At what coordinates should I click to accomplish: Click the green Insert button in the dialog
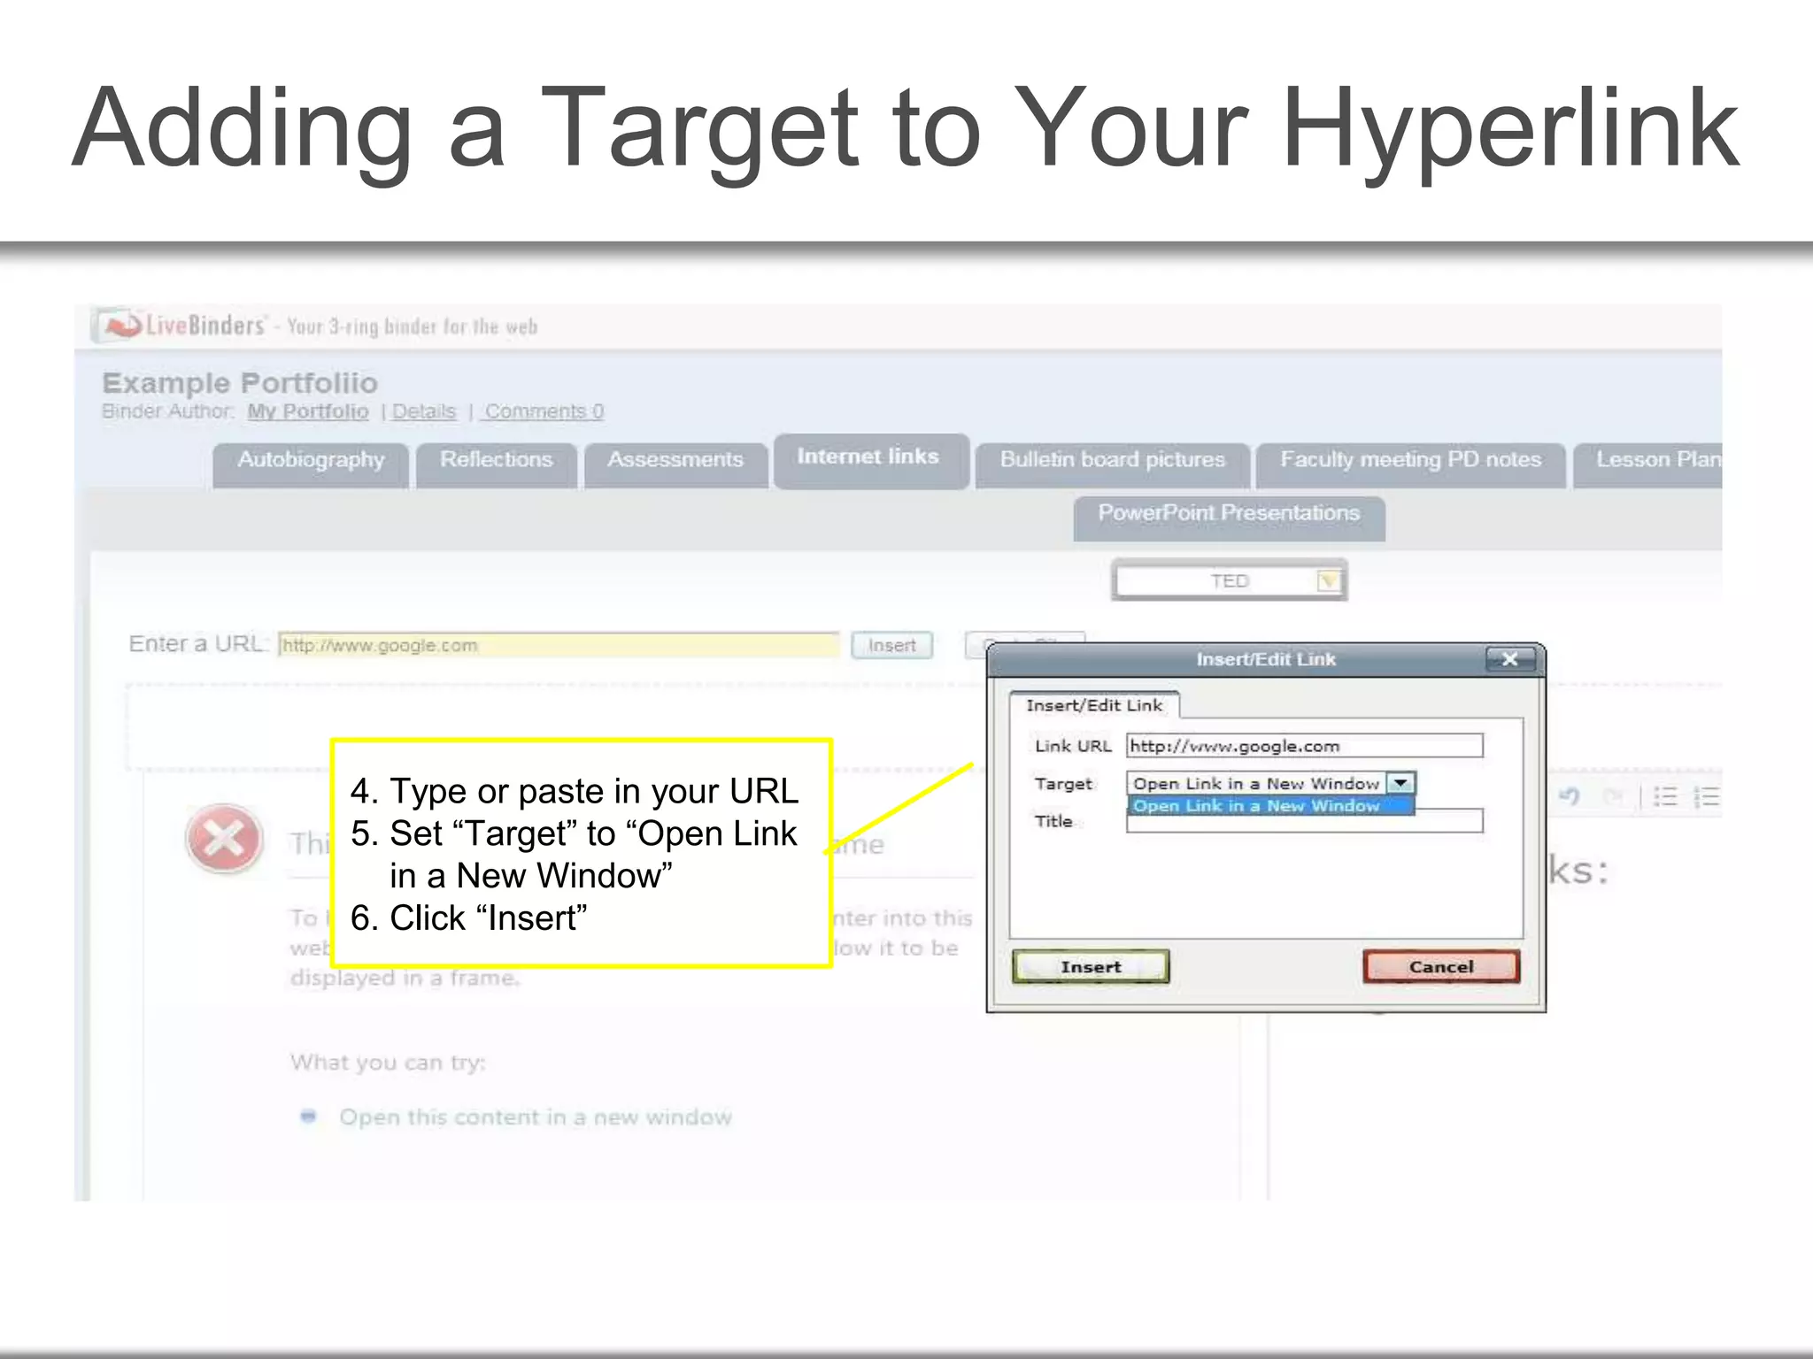[1091, 966]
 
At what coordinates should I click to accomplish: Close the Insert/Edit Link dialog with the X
[1510, 659]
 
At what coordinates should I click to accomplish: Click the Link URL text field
[1303, 746]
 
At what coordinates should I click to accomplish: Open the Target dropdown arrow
[1400, 783]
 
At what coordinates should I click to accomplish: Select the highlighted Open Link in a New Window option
[1257, 806]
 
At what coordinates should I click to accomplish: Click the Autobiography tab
[311, 460]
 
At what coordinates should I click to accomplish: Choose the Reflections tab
[496, 460]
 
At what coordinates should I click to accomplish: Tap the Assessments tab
[675, 460]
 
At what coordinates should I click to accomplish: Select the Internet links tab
[868, 457]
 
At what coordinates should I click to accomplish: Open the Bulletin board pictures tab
[1112, 460]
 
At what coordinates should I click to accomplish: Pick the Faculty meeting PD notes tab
[1410, 460]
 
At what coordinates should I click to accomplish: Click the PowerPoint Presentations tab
[1229, 514]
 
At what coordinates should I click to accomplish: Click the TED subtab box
[1229, 581]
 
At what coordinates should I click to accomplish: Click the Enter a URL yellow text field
[558, 645]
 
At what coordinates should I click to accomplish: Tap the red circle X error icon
[224, 838]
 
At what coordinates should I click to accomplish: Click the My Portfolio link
[307, 411]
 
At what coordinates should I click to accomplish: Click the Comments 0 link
[544, 411]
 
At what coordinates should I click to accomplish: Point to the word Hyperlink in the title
[1509, 128]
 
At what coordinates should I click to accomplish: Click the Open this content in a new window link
[536, 1117]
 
